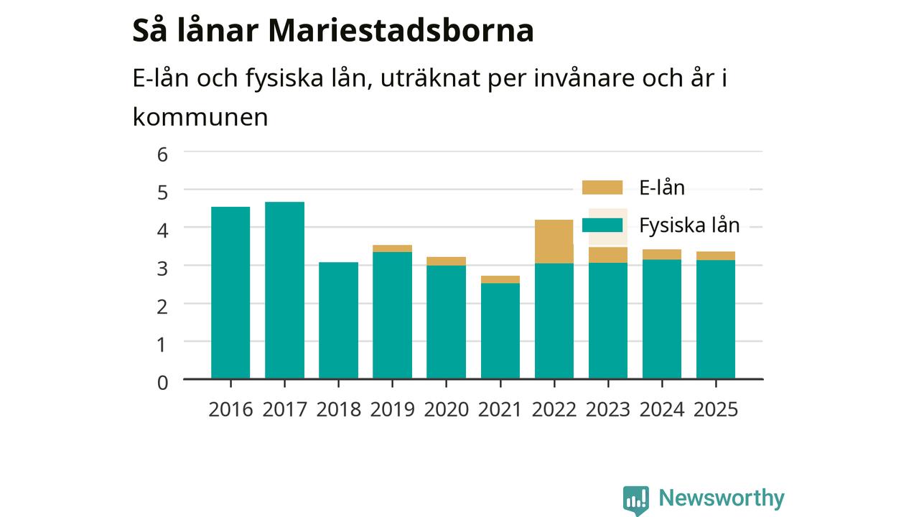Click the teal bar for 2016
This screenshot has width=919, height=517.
230,292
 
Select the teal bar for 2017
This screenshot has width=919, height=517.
285,290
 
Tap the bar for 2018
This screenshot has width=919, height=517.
338,320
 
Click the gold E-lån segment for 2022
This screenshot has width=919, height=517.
554,242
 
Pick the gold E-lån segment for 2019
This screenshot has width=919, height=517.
392,248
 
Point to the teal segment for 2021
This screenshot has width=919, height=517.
500,331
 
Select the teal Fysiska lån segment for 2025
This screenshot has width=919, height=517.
716,320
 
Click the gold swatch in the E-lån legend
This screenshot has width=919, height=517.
602,187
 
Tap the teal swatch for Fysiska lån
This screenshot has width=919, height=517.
602,225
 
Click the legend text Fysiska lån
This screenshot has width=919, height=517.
689,225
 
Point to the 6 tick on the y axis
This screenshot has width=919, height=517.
162,154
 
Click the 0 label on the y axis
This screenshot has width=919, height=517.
162,383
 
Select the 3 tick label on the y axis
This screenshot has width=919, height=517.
162,269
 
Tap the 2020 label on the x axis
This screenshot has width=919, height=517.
446,409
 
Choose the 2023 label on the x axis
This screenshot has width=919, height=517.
607,409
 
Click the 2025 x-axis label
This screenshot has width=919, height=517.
716,409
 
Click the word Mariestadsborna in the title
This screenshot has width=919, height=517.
401,30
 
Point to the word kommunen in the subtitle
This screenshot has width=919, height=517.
200,117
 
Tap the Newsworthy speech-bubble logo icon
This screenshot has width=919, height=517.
636,500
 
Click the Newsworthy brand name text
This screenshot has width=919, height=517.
722,498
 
